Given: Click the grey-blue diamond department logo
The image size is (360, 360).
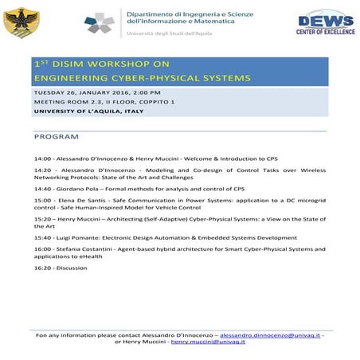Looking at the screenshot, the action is tap(100, 23).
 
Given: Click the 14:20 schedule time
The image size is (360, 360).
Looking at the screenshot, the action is tap(43, 170).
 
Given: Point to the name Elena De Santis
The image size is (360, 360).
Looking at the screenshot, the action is tap(81, 201).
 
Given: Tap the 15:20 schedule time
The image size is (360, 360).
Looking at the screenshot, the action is tap(43, 218).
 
